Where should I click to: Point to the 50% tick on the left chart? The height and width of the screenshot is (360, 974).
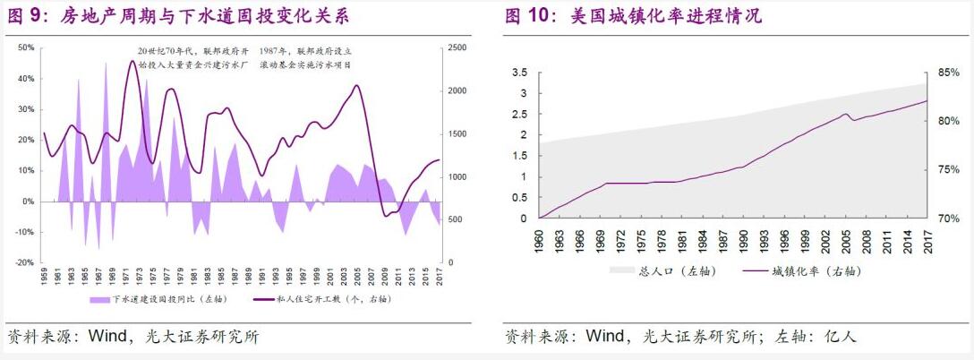(x=26, y=47)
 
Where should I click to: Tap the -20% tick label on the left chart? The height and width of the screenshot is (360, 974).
(x=25, y=262)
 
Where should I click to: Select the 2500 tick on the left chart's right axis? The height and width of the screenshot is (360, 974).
(x=456, y=47)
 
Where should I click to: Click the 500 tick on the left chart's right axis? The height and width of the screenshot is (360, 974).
(x=454, y=219)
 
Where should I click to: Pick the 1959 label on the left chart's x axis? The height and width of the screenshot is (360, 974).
(x=44, y=277)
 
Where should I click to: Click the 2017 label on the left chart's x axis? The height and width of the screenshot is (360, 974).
(x=440, y=277)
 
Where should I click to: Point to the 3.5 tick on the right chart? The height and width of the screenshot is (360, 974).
(x=519, y=72)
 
